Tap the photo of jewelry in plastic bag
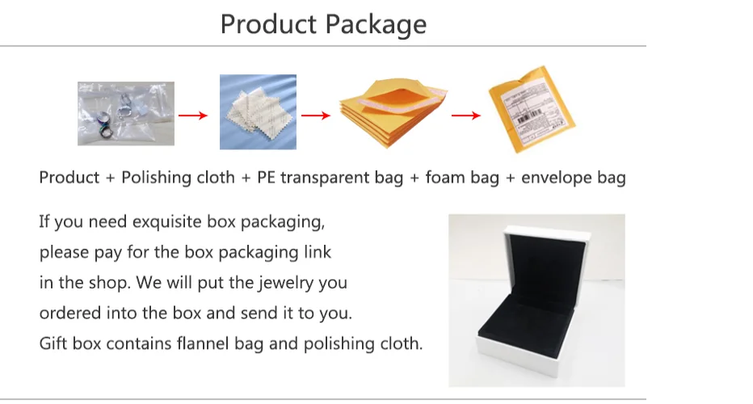click(125, 114)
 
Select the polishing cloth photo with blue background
click(258, 112)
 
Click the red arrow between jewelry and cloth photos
click(192, 116)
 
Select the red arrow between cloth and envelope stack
click(315, 116)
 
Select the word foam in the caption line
click(444, 178)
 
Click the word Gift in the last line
click(53, 343)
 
